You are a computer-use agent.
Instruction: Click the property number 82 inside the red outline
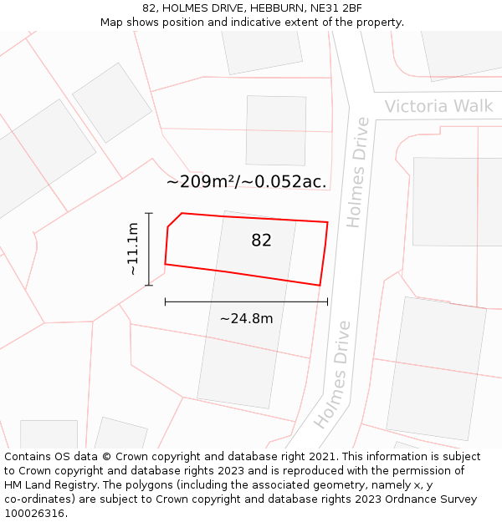click(261, 241)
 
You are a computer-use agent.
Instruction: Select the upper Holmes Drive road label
click(357, 172)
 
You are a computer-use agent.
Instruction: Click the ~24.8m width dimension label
click(246, 318)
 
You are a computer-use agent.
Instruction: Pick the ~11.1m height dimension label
click(132, 249)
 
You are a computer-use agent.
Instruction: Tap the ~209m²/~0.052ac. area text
click(246, 181)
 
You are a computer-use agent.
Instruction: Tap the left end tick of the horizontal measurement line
click(166, 302)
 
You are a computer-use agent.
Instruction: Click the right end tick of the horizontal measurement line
click(327, 302)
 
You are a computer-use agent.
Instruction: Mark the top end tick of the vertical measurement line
click(149, 214)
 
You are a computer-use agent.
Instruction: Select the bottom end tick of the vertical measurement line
click(149, 286)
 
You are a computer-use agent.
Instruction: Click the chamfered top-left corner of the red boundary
click(174, 219)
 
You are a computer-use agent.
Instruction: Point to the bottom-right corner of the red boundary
click(320, 285)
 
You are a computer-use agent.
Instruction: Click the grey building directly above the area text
click(275, 130)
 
